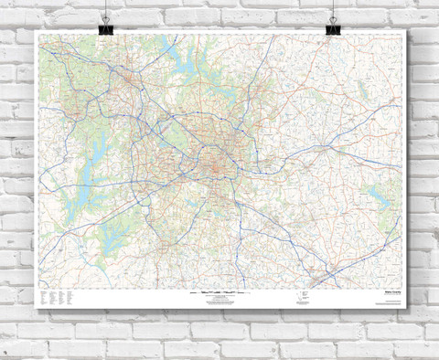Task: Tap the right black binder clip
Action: [336, 20]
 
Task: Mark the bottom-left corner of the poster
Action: [34, 313]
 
